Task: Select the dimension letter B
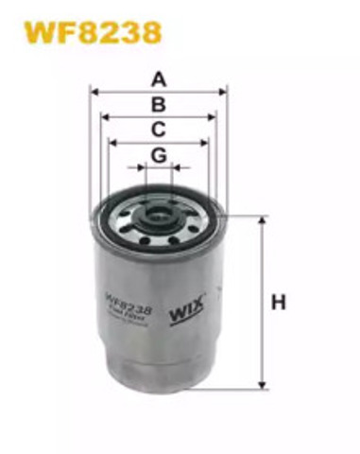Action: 159,104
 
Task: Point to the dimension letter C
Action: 159,129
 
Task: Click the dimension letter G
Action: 159,154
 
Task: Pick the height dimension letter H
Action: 279,303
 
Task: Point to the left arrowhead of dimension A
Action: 94,92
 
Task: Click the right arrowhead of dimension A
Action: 224,92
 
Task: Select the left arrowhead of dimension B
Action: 103,117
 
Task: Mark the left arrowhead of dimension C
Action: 112,143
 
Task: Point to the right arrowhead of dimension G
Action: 175,168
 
